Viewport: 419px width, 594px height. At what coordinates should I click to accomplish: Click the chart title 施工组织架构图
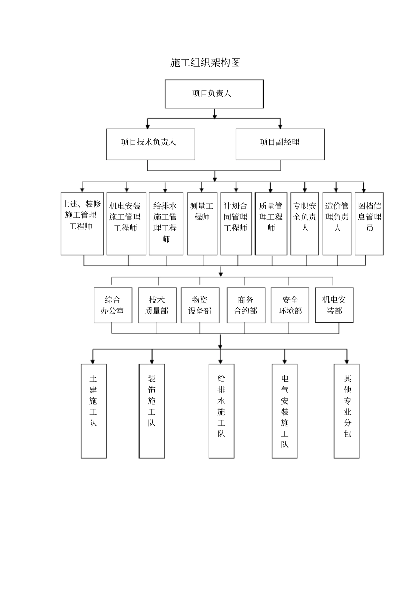pos(205,63)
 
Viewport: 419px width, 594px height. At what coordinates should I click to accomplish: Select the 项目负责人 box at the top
pos(214,94)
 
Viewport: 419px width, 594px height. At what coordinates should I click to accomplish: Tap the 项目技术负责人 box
pos(150,144)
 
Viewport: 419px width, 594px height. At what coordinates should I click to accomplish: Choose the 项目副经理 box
pos(280,144)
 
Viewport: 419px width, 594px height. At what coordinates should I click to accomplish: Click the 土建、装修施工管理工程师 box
pos(82,223)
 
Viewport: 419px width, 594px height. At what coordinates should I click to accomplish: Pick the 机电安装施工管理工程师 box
pos(126,223)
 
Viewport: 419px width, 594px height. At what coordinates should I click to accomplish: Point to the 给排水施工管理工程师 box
pos(166,223)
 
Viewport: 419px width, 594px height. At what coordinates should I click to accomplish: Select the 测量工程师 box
pos(202,223)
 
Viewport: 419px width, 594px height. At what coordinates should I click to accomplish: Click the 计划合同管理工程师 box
pos(236,223)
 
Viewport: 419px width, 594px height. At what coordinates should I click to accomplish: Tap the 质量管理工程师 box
pos(271,223)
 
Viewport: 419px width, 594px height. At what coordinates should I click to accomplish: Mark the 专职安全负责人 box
pos(305,223)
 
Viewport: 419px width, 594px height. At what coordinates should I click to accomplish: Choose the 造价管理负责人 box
pos(337,223)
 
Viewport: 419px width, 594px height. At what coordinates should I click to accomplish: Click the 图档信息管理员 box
pos(369,223)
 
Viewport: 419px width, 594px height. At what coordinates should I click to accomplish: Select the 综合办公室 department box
pos(113,305)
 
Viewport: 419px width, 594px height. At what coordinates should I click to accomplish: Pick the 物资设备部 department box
pos(200,305)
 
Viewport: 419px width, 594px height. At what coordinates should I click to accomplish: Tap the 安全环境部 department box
pos(290,305)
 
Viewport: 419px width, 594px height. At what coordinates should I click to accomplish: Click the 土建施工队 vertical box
pos(94,411)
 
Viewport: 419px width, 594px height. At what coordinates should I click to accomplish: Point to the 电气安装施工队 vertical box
pos(284,411)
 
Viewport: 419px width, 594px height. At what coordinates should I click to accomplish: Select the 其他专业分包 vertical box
pos(347,411)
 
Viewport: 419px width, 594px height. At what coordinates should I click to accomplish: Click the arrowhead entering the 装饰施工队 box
pos(152,361)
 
